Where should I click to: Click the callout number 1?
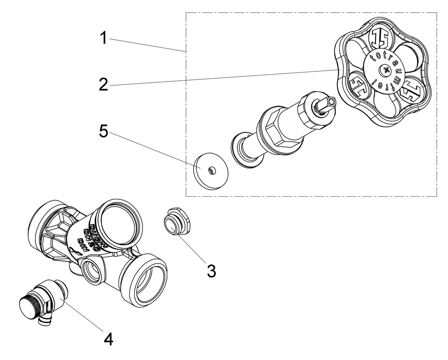[104, 38]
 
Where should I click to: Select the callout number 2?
[103, 85]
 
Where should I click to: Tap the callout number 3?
[211, 271]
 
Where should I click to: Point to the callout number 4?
[109, 340]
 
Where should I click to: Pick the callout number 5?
[103, 131]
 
